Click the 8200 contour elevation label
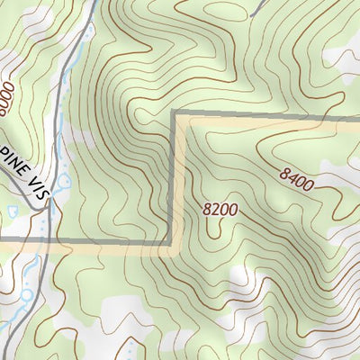coord(220,209)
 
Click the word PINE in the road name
coord(13,164)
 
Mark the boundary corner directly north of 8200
coord(173,115)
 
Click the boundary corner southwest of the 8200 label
coord(171,241)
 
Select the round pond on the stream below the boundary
coord(28,293)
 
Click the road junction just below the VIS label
coord(48,205)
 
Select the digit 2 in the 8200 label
coord(214,209)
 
